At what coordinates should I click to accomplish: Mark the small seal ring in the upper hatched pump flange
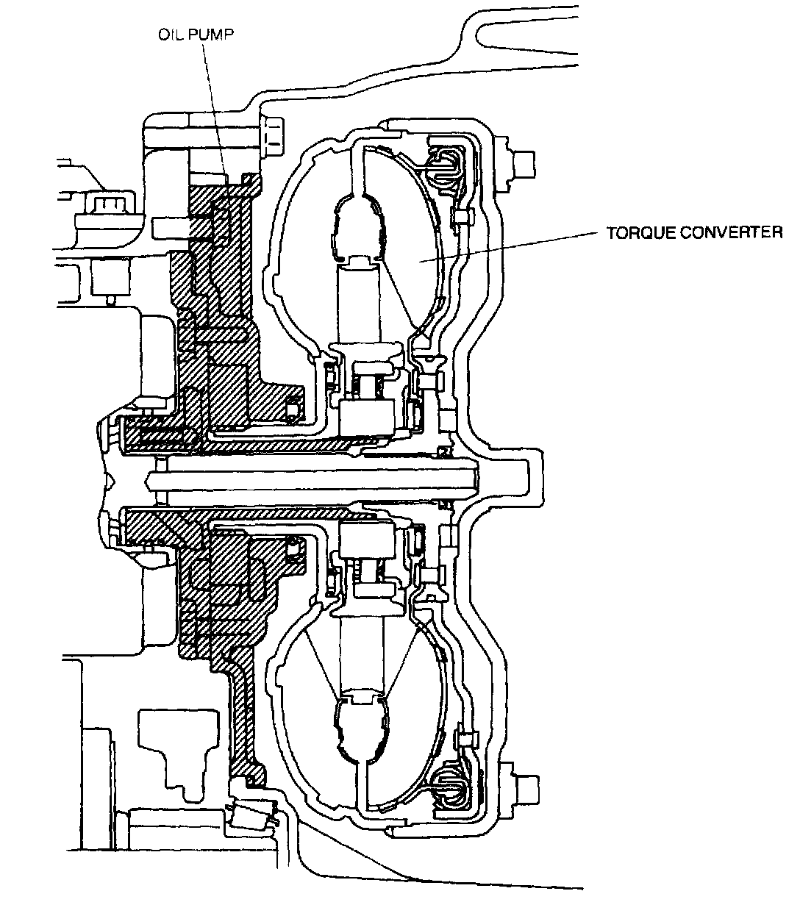pyautogui.click(x=293, y=409)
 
